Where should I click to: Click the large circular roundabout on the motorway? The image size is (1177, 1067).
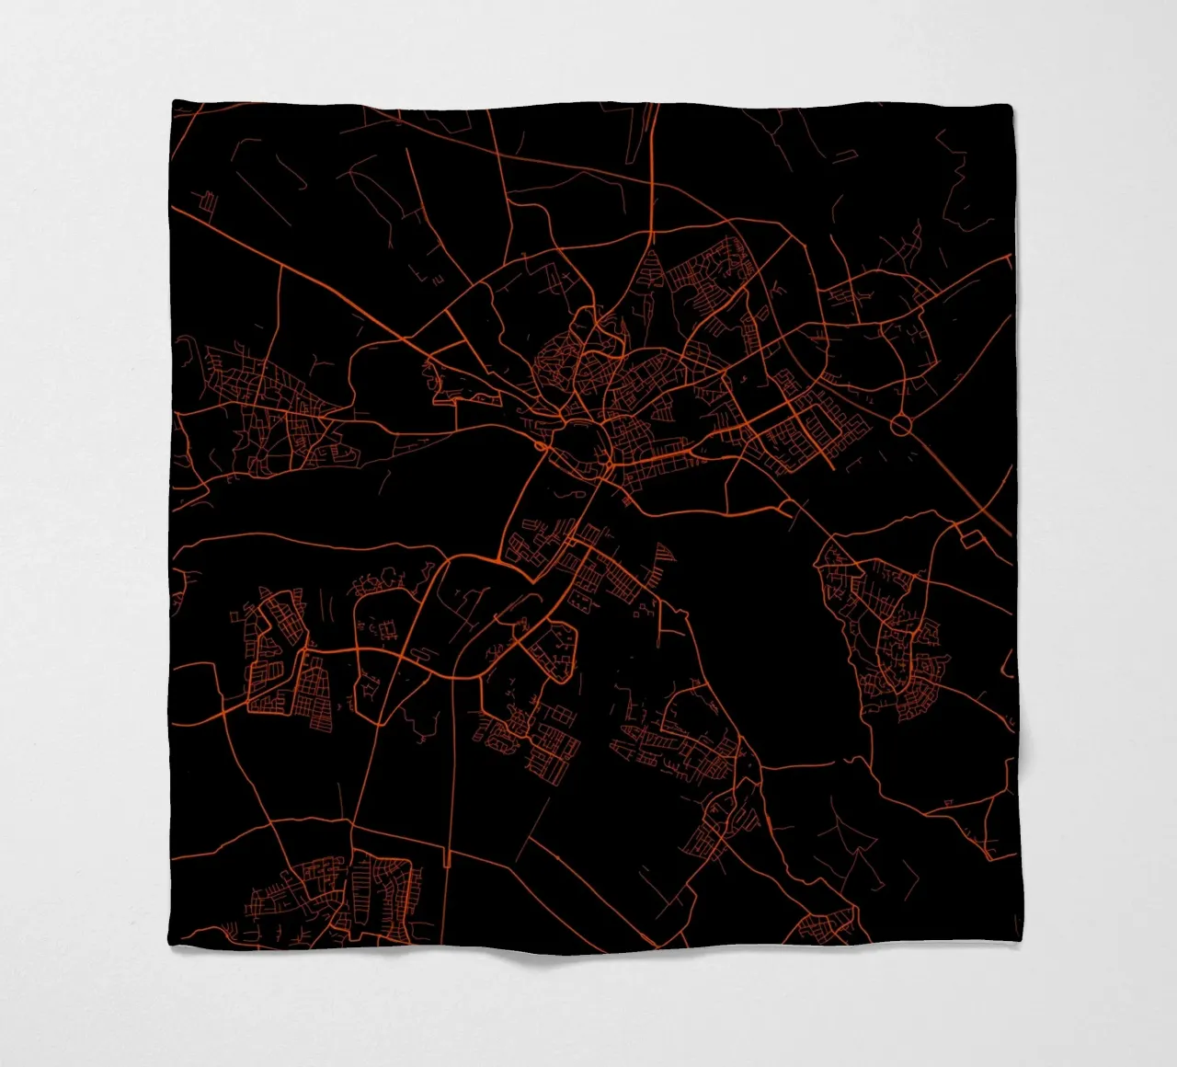coord(900,425)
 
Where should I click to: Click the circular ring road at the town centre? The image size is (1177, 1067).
coord(580,446)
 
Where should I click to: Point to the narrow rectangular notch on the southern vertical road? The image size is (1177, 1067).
coord(446,860)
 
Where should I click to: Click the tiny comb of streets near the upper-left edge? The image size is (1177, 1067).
coord(209,201)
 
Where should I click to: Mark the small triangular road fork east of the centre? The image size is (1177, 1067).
coord(786,508)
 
